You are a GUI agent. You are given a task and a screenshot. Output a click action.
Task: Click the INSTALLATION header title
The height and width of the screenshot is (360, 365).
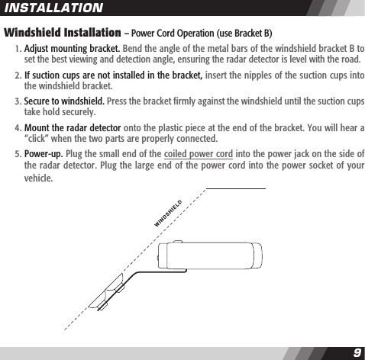click(x=53, y=8)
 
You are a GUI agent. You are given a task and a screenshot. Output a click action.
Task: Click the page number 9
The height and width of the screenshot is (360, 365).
click(x=357, y=352)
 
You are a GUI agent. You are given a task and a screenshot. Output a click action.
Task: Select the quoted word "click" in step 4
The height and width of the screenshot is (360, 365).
click(x=40, y=139)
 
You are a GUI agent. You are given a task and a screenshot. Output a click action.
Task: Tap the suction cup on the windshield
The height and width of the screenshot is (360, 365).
click(x=106, y=294)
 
